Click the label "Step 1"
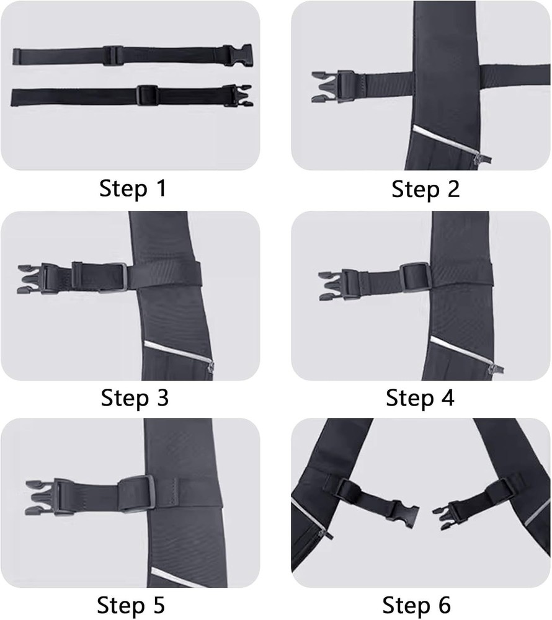click(x=133, y=188)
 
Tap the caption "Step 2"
click(x=425, y=190)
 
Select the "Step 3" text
click(x=134, y=397)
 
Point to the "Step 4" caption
click(x=420, y=397)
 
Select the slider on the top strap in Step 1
click(x=112, y=55)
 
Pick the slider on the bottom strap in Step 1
click(x=146, y=95)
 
